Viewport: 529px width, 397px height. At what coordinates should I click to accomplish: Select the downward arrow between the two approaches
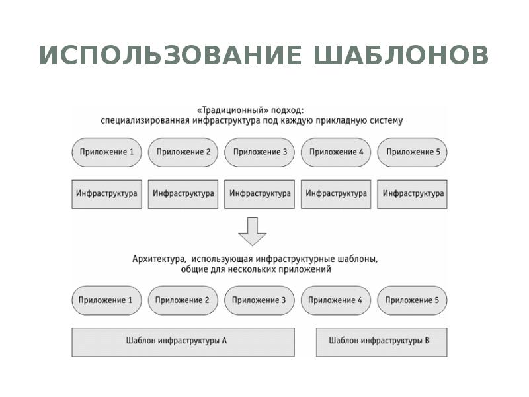(x=252, y=231)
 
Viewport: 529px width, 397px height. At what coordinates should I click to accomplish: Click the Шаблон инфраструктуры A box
(x=183, y=341)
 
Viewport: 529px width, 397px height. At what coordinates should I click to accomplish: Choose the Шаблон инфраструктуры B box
(x=382, y=341)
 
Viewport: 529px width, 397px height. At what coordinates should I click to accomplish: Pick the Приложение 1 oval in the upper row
(x=106, y=152)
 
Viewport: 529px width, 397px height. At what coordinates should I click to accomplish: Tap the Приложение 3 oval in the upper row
(x=259, y=152)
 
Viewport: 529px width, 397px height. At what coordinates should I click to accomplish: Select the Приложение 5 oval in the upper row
(x=413, y=152)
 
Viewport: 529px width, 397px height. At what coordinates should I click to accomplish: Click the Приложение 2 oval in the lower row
(x=183, y=300)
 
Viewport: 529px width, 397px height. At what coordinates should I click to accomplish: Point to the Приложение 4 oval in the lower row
(x=336, y=300)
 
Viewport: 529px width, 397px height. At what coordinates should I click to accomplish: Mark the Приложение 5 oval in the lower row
(x=413, y=300)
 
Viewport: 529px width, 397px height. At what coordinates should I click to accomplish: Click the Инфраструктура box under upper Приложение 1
(x=106, y=194)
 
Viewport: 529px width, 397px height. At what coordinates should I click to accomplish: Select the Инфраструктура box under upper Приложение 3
(x=259, y=194)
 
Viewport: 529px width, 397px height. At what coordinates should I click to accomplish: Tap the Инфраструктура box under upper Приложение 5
(x=413, y=194)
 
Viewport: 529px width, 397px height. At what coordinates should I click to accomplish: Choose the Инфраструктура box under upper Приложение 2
(x=183, y=194)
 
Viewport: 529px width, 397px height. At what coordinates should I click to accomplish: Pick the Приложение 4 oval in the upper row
(x=336, y=152)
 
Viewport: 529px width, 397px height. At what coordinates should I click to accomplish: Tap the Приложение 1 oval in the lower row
(x=106, y=300)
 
